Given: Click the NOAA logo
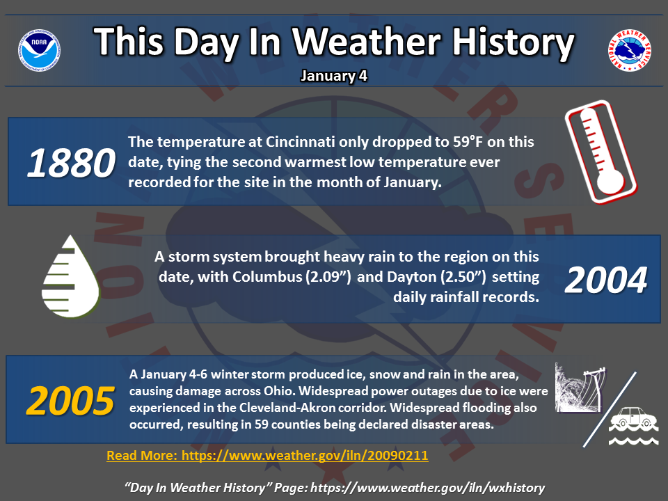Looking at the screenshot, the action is [x=39, y=50].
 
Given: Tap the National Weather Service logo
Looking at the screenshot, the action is [x=629, y=50].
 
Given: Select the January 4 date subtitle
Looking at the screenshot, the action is [x=334, y=76].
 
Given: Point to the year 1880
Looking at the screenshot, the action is [x=71, y=163].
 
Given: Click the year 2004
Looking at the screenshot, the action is [x=606, y=280].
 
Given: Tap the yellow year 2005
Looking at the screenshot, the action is [x=70, y=401].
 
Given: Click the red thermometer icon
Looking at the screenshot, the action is [x=601, y=152].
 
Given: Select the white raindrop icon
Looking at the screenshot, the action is [x=71, y=276].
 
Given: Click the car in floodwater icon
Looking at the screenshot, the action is [x=633, y=425].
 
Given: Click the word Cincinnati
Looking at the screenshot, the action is [x=301, y=141].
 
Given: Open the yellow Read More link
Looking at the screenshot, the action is [x=267, y=455].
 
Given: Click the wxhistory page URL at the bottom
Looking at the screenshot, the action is [x=427, y=488].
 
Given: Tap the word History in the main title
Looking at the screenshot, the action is [x=513, y=42].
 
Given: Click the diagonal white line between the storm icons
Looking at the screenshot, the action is [x=610, y=409].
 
